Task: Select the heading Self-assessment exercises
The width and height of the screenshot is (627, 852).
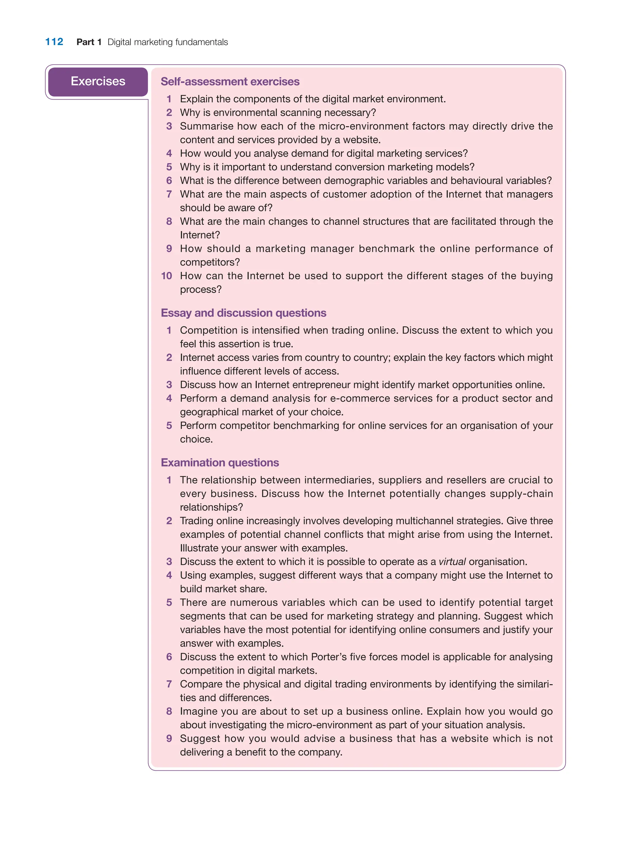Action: [230, 82]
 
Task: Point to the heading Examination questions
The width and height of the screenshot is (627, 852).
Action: [220, 463]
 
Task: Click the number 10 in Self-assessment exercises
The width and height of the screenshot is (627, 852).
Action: [167, 276]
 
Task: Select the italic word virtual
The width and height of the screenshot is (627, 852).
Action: [452, 562]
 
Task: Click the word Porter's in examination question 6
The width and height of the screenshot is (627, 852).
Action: [329, 657]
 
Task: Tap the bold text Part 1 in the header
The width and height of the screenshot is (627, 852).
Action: [89, 42]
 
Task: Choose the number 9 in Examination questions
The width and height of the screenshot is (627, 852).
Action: [169, 738]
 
